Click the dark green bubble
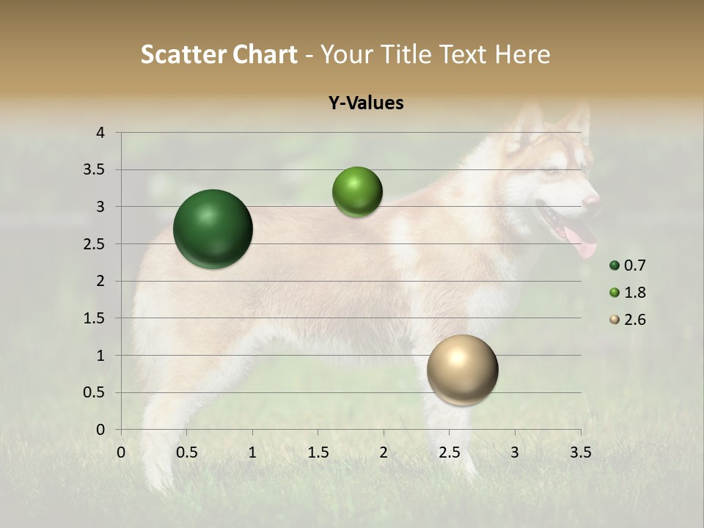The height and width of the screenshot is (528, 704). [x=213, y=229]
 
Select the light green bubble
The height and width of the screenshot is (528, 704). [x=357, y=192]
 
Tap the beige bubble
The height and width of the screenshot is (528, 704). [x=462, y=370]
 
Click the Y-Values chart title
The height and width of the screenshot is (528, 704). [x=366, y=103]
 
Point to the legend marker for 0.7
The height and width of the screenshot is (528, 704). [x=615, y=265]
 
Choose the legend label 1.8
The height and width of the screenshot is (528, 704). [x=635, y=293]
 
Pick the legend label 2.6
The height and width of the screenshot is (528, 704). [x=635, y=320]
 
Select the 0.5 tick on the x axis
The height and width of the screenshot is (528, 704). [x=187, y=452]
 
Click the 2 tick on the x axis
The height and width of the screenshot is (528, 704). [x=384, y=452]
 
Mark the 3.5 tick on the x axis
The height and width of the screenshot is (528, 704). [x=580, y=452]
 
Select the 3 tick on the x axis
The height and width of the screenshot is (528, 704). [x=515, y=452]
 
